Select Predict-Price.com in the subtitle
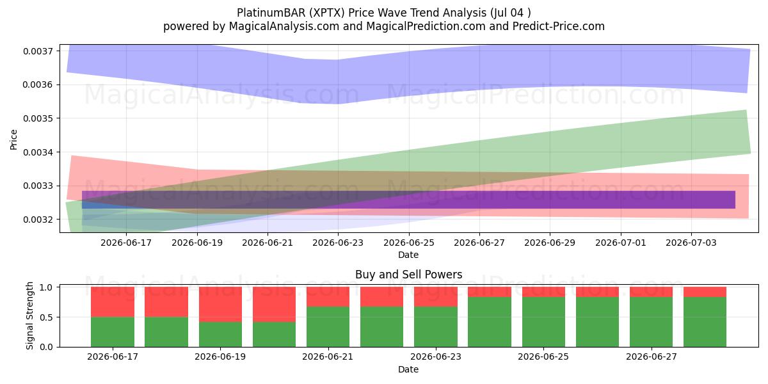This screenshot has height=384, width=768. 559,26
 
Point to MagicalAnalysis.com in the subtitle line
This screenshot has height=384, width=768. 284,26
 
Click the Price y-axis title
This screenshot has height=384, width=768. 13,140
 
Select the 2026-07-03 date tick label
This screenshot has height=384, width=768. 691,243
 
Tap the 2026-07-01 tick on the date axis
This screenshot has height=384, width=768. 621,243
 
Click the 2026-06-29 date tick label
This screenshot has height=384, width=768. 550,243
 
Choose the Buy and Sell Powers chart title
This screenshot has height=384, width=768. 409,275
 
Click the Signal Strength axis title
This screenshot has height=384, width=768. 29,316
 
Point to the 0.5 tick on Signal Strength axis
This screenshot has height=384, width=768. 46,317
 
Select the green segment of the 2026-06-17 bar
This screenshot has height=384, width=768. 113,332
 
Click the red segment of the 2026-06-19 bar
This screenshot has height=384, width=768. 220,305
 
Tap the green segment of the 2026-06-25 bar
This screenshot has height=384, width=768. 543,322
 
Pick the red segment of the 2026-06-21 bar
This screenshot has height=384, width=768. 328,296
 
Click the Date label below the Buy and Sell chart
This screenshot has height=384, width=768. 408,369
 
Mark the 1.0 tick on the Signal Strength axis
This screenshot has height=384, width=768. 46,287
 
